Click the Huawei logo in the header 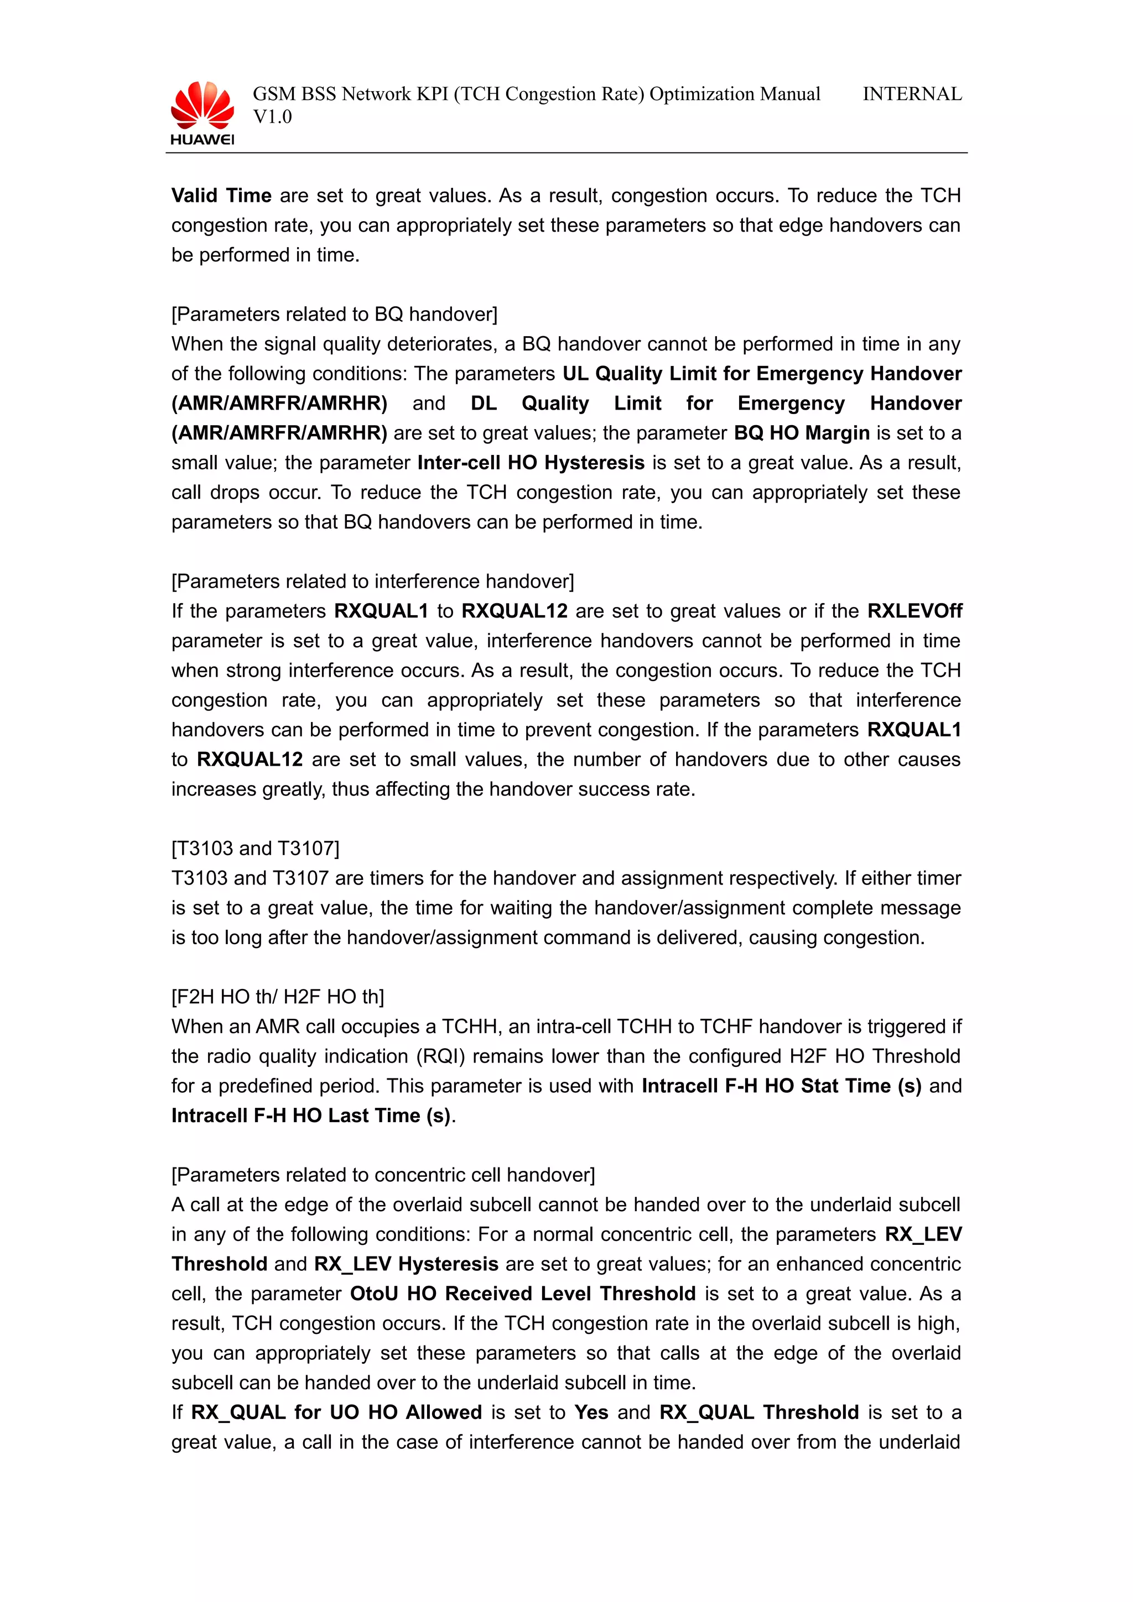pos(202,113)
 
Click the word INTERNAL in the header pos(912,94)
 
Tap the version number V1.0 pos(272,117)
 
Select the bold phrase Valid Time pos(221,195)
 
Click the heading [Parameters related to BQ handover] pos(334,315)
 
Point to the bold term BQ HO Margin pos(802,433)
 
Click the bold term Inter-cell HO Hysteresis pos(531,463)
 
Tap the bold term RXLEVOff pos(914,611)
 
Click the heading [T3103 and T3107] pos(256,849)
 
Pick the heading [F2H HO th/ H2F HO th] pos(278,997)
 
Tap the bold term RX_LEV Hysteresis pos(406,1264)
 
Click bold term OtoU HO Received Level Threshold pos(523,1294)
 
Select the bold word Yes pos(591,1413)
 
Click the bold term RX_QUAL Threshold pos(759,1413)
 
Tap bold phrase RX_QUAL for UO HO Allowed pos(336,1413)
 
